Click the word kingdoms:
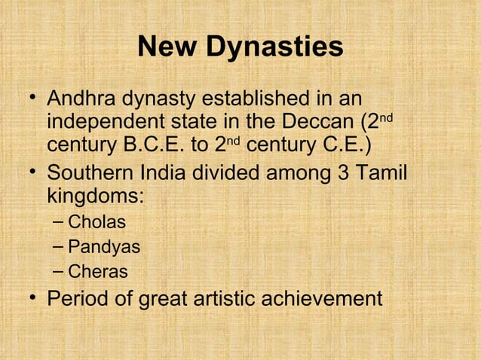96,197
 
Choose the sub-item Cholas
97,222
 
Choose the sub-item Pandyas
103,246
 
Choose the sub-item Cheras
97,271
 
